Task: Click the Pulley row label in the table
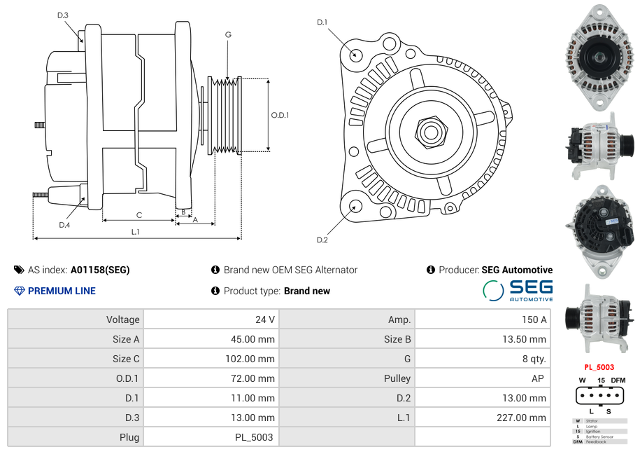click(397, 378)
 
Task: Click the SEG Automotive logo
click(518, 290)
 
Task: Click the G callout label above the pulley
click(228, 35)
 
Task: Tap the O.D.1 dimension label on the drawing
click(280, 115)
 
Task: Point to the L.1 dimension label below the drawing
click(135, 231)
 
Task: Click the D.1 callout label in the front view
click(322, 22)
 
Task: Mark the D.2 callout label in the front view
click(322, 240)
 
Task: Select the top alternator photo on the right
click(599, 57)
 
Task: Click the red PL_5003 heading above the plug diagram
click(599, 367)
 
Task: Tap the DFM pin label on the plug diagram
click(618, 380)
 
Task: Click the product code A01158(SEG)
click(100, 270)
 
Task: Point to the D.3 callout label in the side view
click(63, 15)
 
